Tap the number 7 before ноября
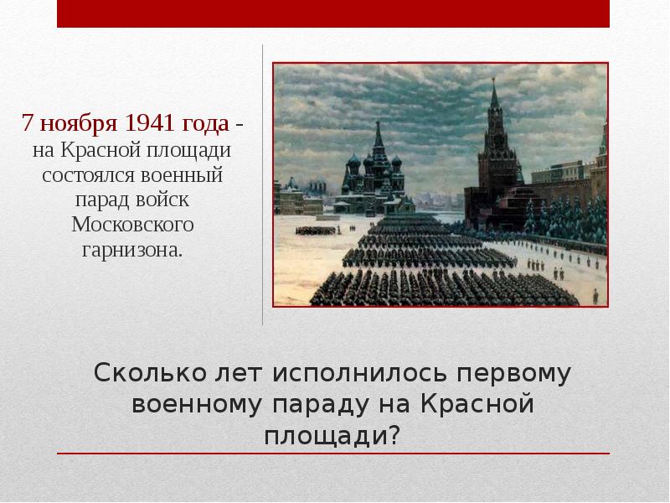[27, 125]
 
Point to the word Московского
[132, 226]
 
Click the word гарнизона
[132, 250]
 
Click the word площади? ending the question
[333, 435]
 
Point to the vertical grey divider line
[263, 184]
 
